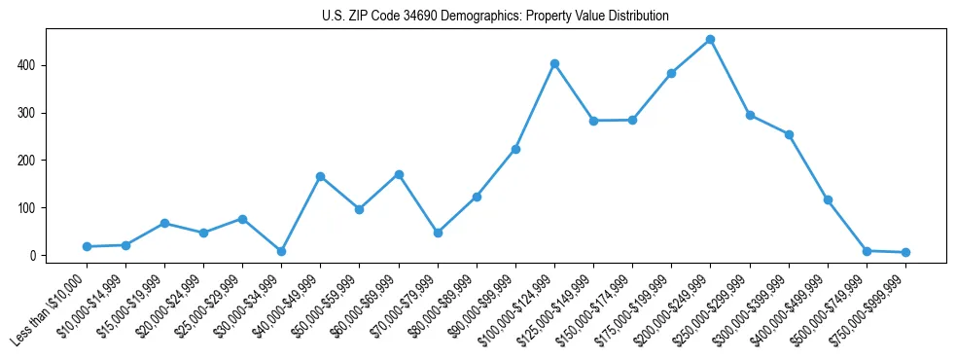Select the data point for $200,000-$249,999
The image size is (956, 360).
click(x=710, y=40)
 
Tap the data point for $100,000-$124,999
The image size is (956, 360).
click(x=554, y=63)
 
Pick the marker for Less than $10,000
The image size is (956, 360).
click(x=87, y=247)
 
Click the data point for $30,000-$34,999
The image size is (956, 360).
click(x=281, y=251)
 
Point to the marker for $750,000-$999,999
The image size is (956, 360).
click(x=905, y=253)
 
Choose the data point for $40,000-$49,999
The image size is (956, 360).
click(x=320, y=176)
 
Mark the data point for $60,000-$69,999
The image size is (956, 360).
click(x=398, y=174)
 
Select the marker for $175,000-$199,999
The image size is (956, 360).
click(x=671, y=73)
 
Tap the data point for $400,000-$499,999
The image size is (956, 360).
click(x=828, y=199)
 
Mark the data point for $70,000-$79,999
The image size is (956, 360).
click(x=438, y=234)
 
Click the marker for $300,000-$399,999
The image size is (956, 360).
click(x=789, y=134)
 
